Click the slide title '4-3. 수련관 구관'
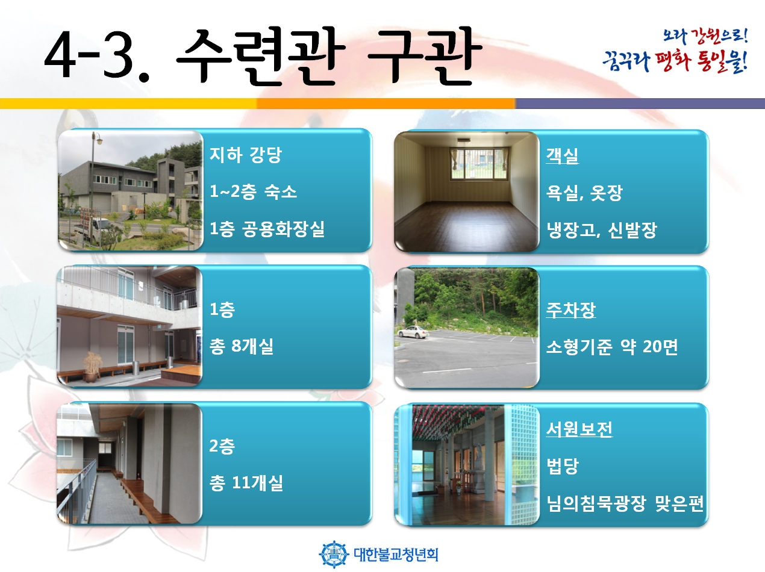pos(263,56)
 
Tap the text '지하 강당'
pos(245,155)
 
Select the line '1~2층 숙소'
pos(253,191)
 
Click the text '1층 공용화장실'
pos(267,229)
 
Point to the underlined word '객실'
pos(562,156)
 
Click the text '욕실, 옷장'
pos(584,193)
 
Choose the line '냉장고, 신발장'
pos(601,230)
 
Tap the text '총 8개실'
pos(241,346)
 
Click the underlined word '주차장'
pos(571,310)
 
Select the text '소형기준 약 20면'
pos(611,347)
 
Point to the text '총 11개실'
pos(246,483)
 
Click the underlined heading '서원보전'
pos(579,429)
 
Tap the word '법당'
pos(562,466)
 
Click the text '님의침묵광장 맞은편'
pos(625,503)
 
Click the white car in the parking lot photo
pos(413,332)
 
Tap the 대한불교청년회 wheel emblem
pos(334,554)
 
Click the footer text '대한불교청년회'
pos(396,555)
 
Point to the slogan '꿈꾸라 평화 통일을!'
pos(675,62)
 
